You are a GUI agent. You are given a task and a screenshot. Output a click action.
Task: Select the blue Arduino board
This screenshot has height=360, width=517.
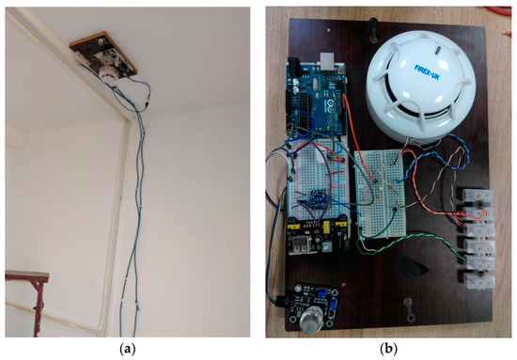(x=315, y=103)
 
